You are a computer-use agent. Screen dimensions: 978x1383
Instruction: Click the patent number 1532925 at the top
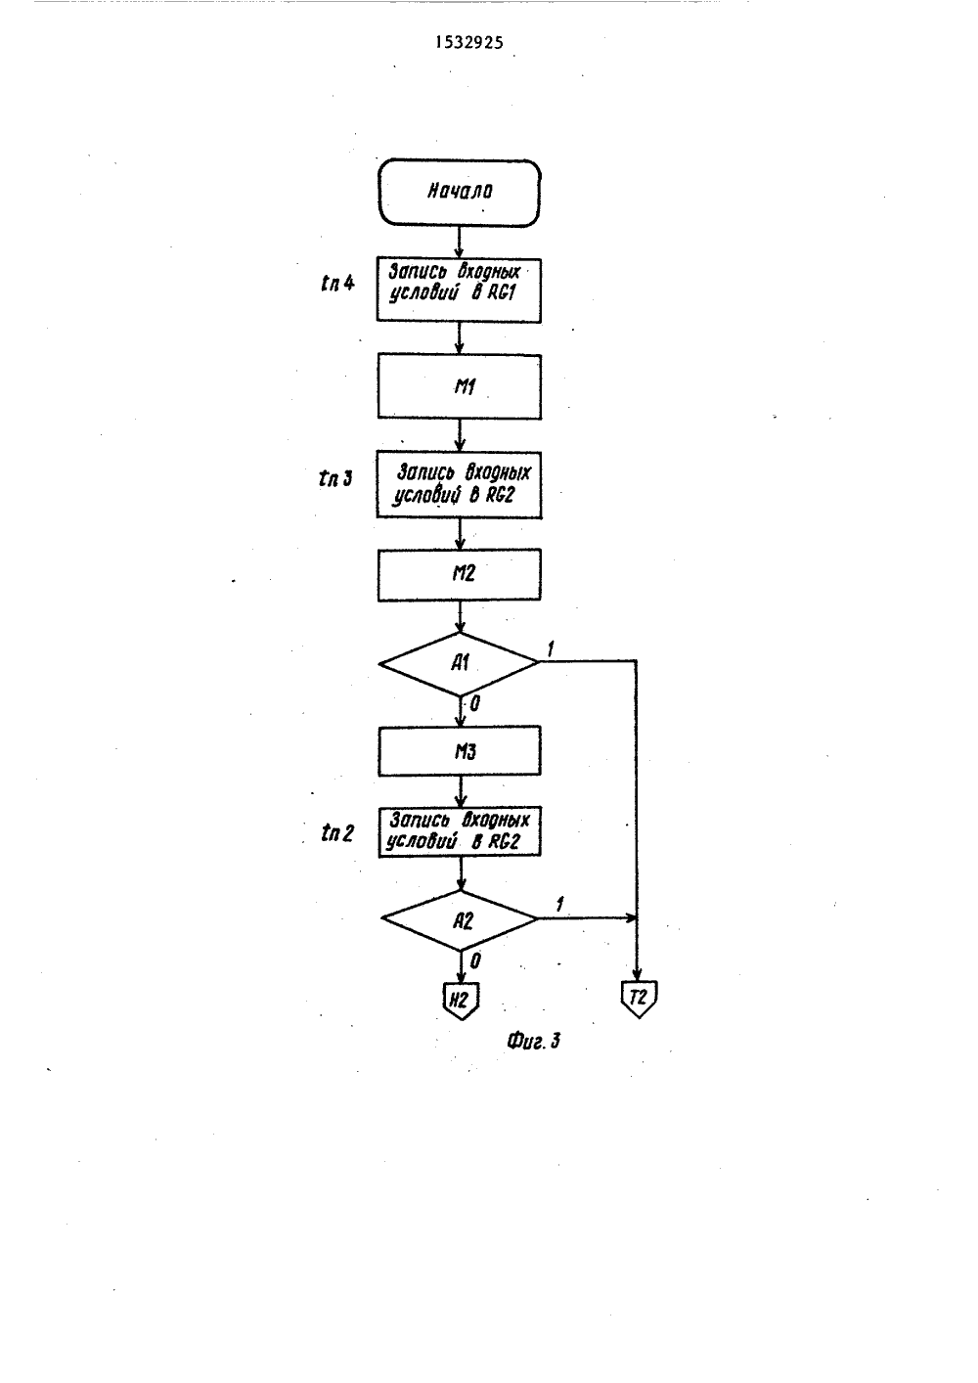coord(469,42)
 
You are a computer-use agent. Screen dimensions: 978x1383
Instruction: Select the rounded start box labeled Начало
coord(460,193)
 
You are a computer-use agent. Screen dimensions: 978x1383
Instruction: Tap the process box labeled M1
coord(460,386)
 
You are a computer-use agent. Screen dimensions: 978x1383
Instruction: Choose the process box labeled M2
coord(460,574)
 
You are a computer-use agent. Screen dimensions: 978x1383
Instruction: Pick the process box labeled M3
coord(460,751)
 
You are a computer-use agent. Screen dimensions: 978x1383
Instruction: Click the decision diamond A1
coord(460,664)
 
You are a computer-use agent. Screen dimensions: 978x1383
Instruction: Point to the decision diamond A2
coord(460,920)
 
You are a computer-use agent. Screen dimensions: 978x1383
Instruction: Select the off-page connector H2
coord(461,1000)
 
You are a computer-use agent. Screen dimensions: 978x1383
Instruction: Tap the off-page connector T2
coord(639,999)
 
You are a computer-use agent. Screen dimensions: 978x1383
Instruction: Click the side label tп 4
coord(338,284)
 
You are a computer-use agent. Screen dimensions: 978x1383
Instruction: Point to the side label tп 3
coord(335,478)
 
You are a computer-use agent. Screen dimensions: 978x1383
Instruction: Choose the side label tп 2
coord(337,833)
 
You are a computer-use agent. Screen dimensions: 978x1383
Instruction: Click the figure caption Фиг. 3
coord(533,1041)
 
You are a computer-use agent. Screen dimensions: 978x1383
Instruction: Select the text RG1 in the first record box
coord(501,292)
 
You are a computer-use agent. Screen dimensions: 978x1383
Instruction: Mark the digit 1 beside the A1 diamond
coord(551,648)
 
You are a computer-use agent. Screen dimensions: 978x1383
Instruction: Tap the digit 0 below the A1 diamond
coord(474,704)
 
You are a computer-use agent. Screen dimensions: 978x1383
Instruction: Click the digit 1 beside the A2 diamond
coord(559,905)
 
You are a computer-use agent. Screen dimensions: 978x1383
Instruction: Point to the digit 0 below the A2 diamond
coord(475,960)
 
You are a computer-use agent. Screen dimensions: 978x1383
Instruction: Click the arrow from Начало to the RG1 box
coord(459,242)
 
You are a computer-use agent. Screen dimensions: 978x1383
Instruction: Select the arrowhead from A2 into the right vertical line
coord(630,918)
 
